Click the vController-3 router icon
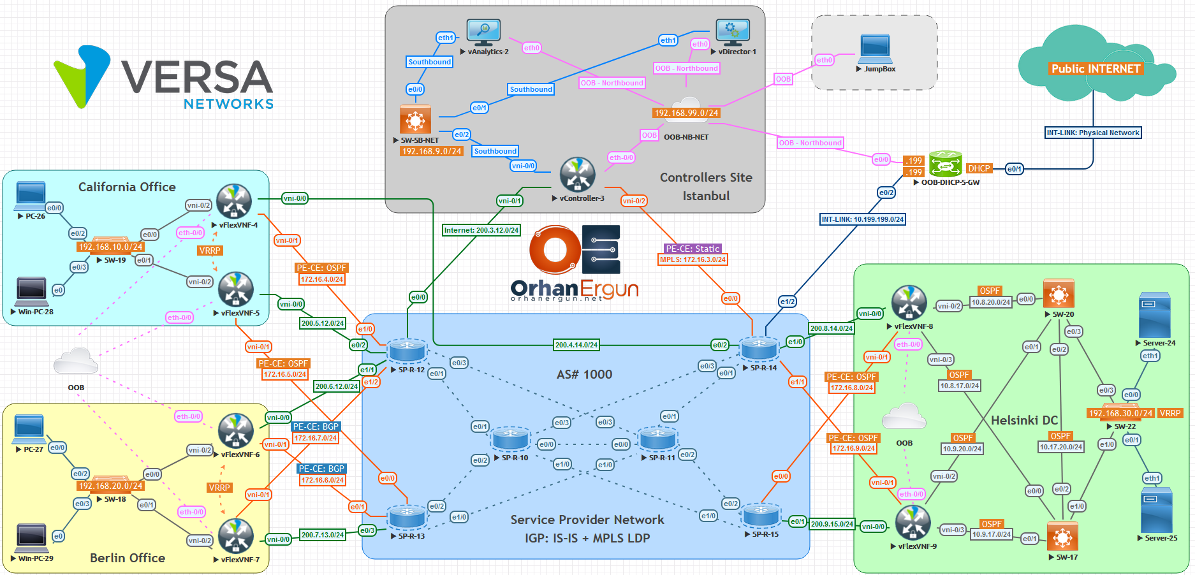tap(577, 174)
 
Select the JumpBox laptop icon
tap(876, 48)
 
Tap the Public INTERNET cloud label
tap(1096, 69)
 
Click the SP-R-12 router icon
tap(407, 351)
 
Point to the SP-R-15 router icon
tap(761, 515)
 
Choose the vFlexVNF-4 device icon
tap(234, 201)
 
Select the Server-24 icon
tap(1154, 315)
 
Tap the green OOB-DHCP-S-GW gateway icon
tap(945, 164)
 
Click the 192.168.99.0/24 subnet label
tap(686, 113)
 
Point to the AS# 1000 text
tap(584, 374)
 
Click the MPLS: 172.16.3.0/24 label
tap(693, 259)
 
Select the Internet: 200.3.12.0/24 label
tap(481, 230)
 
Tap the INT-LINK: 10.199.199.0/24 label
tap(862, 219)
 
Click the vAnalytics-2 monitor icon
tap(483, 32)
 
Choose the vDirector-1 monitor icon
tap(732, 32)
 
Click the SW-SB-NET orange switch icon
tap(415, 119)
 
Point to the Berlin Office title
tap(128, 558)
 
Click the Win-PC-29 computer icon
tap(31, 537)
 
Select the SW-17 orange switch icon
tap(1062, 537)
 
